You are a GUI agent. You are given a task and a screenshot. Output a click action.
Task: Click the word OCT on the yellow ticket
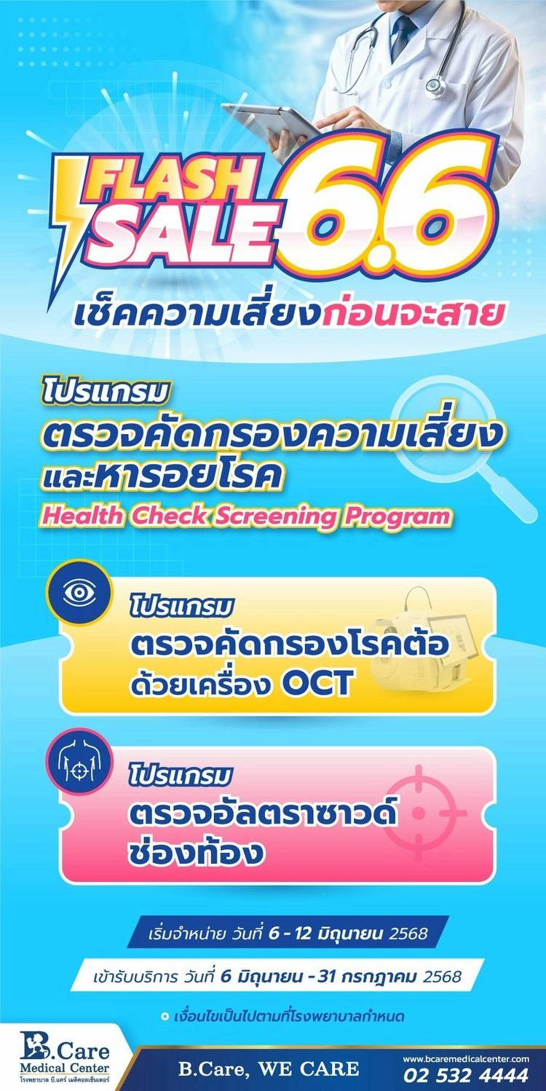pyautogui.click(x=317, y=683)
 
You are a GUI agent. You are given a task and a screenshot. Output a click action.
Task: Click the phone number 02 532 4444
pyautogui.click(x=466, y=1074)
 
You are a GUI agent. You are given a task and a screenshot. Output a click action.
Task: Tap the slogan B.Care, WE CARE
pyautogui.click(x=269, y=1068)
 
